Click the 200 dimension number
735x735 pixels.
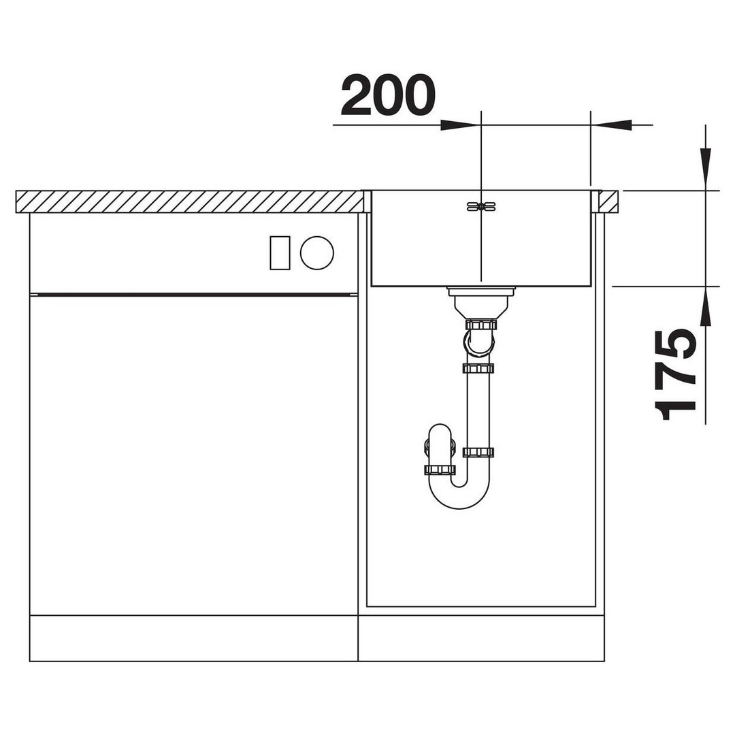388,95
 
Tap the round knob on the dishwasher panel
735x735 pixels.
317,252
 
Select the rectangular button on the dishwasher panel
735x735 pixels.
280,253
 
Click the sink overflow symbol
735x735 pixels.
481,206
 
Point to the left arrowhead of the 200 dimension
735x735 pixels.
459,125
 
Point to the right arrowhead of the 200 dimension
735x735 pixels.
611,125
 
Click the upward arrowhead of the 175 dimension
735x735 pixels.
705,306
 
